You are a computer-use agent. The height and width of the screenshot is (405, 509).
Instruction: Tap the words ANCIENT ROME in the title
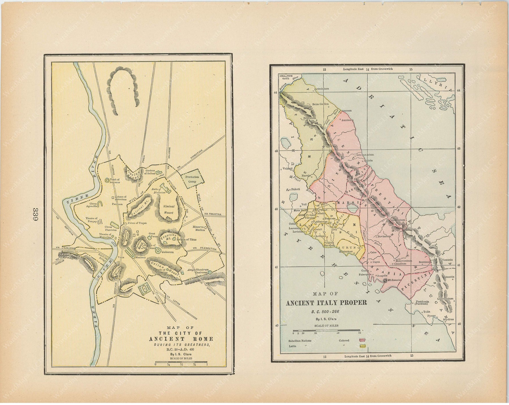click(x=181, y=339)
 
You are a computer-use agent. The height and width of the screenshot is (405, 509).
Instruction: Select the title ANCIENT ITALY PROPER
click(x=327, y=303)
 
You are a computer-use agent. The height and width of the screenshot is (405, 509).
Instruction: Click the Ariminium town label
click(x=323, y=89)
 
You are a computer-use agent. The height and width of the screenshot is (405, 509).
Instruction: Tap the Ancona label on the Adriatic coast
click(x=346, y=110)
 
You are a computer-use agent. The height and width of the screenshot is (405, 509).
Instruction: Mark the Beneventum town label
click(x=404, y=260)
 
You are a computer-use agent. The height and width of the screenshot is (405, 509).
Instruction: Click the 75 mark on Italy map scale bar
click(x=359, y=333)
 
